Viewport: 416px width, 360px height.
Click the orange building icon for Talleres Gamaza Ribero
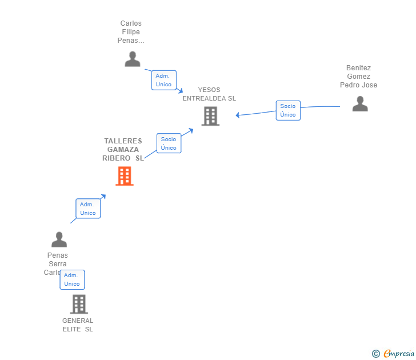coord(124,176)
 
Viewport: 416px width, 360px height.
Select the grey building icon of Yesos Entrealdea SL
coord(210,116)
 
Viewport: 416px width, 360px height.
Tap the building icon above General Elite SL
coord(79,304)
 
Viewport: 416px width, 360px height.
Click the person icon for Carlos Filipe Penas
coord(133,59)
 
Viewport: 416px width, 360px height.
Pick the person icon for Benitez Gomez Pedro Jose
coord(360,103)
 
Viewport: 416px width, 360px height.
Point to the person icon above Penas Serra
coord(59,239)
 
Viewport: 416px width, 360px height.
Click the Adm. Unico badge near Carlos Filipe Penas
coord(163,80)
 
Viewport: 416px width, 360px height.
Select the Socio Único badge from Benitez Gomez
coord(288,110)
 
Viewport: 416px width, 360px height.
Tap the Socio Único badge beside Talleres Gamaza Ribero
coord(169,143)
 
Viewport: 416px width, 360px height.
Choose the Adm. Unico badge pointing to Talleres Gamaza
coord(88,209)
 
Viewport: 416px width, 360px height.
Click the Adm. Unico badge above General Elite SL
coord(72,279)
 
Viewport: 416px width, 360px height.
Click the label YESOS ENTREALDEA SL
coord(209,94)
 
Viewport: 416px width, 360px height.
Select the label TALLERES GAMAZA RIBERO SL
coord(123,150)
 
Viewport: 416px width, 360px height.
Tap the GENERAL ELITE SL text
coord(78,325)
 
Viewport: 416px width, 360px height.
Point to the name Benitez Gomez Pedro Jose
coord(358,77)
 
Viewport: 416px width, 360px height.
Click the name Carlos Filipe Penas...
coord(131,32)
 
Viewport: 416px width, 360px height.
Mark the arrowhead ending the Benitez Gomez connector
coord(238,115)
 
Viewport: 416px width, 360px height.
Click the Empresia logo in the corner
coord(399,354)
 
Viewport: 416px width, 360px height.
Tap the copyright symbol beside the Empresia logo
coord(375,354)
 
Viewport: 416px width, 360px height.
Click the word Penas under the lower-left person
coord(57,255)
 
